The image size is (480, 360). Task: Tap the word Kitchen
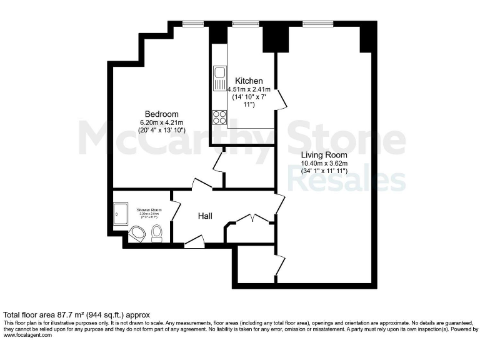[x=249, y=81]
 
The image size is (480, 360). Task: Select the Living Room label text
[x=324, y=155]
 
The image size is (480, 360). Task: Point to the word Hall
[x=205, y=216]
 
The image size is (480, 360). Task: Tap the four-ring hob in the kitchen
[x=219, y=117]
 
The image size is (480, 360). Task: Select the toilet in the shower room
[x=157, y=234]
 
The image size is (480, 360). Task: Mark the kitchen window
[x=241, y=24]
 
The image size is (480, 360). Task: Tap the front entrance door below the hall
[x=194, y=242]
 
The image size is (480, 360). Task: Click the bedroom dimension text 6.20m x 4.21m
[x=162, y=122]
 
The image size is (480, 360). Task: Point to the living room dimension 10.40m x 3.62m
[x=324, y=164]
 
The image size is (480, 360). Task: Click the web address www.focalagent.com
[x=28, y=335]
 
